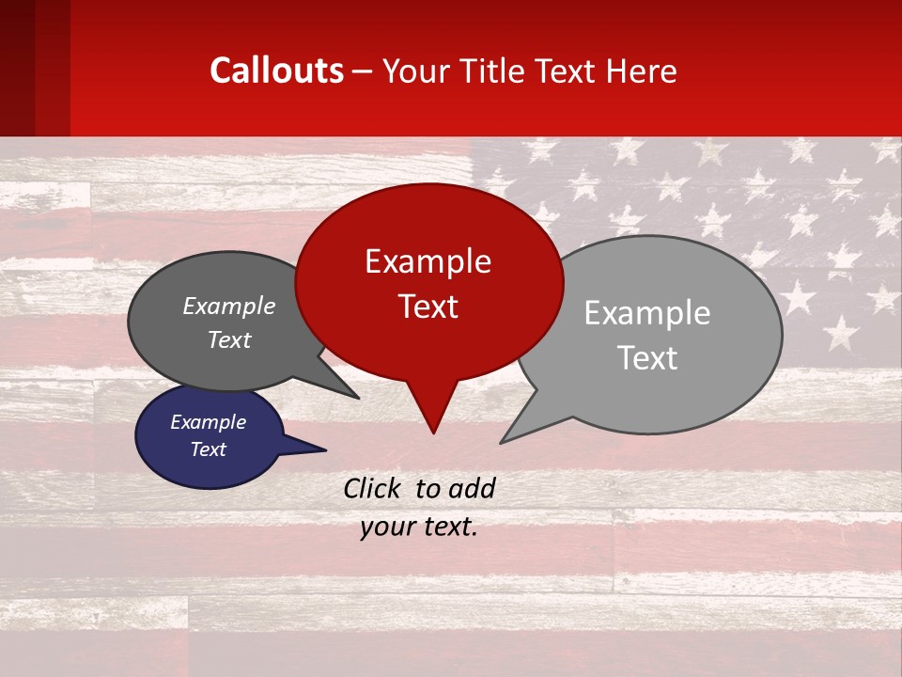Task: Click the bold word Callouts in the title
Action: pos(277,71)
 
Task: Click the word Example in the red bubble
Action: pos(428,261)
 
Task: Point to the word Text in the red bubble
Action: pos(428,307)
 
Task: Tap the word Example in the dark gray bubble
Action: pos(229,306)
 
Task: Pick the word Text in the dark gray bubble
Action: pos(229,339)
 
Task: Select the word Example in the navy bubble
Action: pos(208,422)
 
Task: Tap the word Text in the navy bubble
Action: pos(208,449)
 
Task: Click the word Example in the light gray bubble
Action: pos(647,313)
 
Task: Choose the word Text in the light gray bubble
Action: pos(647,358)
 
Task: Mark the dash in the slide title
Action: pos(363,71)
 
